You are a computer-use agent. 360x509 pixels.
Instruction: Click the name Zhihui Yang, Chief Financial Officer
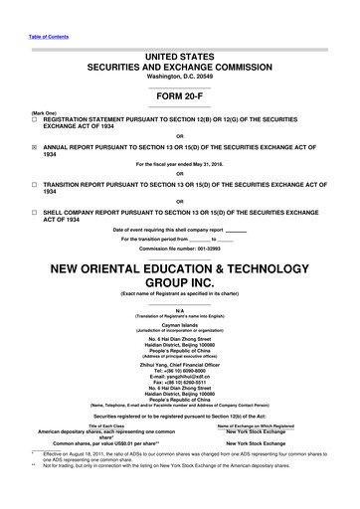click(x=179, y=365)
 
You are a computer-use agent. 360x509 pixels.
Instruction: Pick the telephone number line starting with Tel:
click(x=179, y=371)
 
